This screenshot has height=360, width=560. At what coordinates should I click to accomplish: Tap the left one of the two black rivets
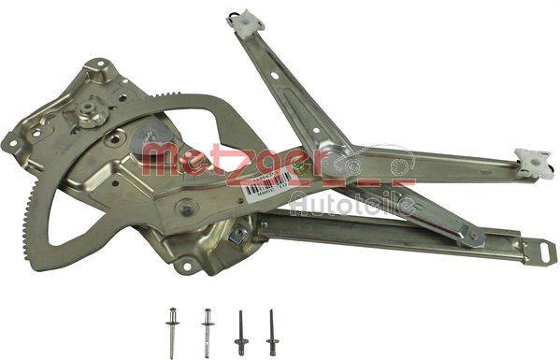click(240, 326)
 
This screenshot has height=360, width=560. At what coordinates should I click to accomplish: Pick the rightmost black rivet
click(272, 326)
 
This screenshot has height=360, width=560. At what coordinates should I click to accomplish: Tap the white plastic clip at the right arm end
click(530, 160)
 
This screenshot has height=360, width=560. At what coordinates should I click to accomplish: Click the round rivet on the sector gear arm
click(186, 207)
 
